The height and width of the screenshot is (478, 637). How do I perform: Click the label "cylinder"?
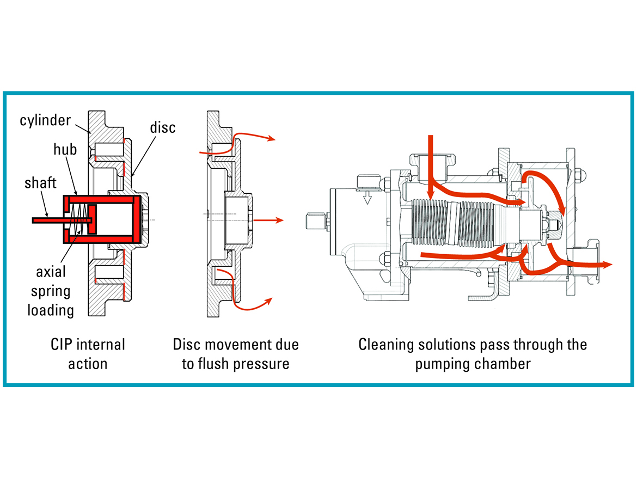pos(45,121)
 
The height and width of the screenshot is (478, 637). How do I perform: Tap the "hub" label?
pos(65,150)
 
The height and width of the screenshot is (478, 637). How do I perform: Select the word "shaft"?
pos(40,183)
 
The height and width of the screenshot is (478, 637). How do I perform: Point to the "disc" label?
pos(162,127)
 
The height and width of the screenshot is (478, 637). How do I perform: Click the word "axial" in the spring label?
pos(51,271)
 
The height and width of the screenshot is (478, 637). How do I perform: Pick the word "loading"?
pos(51,310)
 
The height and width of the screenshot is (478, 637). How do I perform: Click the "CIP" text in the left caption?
pos(61,345)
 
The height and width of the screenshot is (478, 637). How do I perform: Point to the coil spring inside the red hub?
pos(78,220)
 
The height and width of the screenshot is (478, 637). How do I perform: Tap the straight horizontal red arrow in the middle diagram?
pos(268,220)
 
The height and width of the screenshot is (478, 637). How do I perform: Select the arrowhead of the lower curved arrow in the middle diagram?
pos(268,301)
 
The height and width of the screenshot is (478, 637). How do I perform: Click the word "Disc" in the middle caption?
pos(186,345)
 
